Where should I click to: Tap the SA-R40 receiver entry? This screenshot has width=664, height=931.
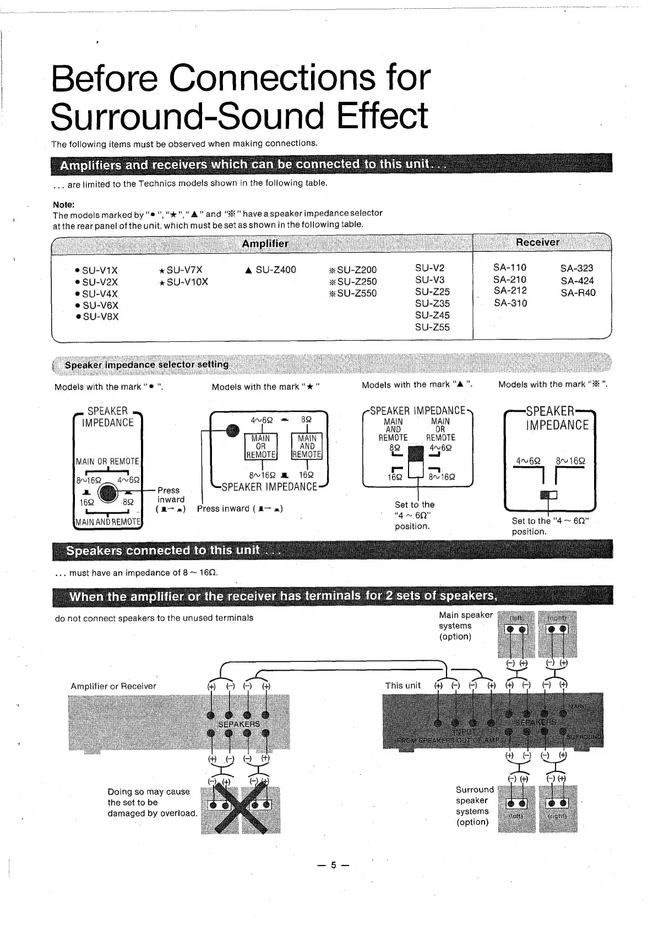578,293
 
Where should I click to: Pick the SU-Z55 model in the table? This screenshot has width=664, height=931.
432,327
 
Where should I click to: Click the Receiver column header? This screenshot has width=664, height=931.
537,242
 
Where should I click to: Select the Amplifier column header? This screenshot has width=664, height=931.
265,243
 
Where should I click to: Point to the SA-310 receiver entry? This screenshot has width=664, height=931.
510,303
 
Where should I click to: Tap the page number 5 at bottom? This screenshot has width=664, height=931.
333,866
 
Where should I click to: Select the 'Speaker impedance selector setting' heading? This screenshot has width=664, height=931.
146,364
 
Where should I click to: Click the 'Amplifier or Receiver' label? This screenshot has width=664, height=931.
113,686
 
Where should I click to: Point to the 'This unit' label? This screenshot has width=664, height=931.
402,686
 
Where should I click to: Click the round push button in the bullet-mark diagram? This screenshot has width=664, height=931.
108,492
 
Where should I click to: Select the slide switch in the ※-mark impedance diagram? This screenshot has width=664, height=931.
548,495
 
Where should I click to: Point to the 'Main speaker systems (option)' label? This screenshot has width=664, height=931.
465,626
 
